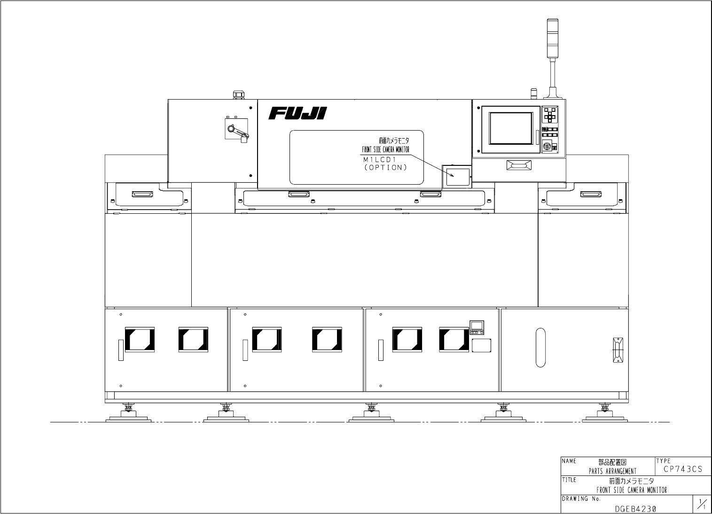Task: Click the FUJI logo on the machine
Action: (297, 114)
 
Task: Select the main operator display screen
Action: (510, 129)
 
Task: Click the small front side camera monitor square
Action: (457, 175)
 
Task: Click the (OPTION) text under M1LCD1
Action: (385, 167)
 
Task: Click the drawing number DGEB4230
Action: (635, 508)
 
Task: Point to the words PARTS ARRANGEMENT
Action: (612, 471)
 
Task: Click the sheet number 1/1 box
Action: (701, 505)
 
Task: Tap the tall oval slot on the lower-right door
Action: (540, 347)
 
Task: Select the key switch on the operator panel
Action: (547, 147)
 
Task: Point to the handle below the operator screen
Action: (518, 165)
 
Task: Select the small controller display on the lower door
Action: (477, 325)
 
